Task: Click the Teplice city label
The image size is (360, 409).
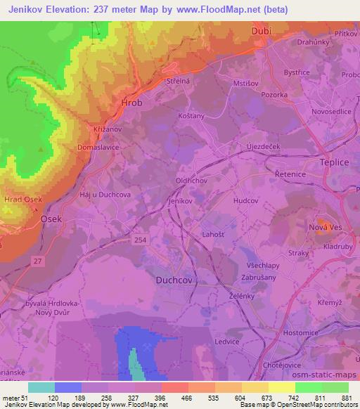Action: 334,162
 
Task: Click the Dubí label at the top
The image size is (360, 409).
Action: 260,32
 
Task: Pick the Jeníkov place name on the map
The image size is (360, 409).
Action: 181,200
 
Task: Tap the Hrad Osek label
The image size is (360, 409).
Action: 24,200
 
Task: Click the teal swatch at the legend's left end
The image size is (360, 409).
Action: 42,387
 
